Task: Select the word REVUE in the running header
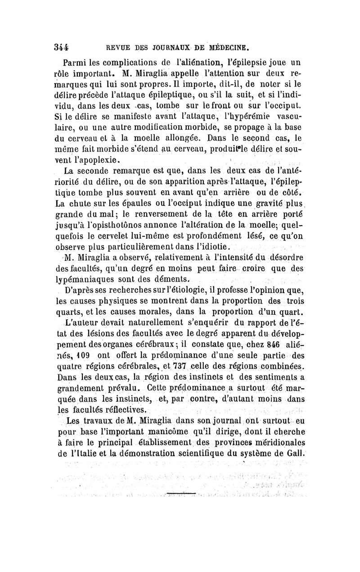click(x=119, y=46)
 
